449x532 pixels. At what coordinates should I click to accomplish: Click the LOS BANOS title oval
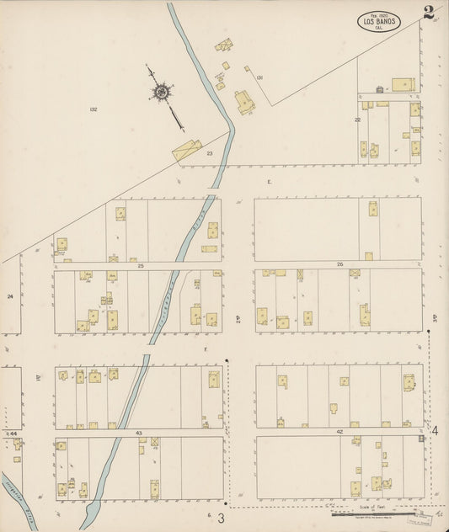coord(378,21)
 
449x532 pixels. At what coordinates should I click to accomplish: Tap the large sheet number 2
coord(430,13)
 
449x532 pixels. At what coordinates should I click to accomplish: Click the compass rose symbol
coord(158,91)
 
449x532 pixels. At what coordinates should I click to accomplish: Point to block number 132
coord(93,109)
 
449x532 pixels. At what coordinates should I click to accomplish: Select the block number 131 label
coord(260,78)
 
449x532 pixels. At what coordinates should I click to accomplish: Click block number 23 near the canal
coord(210,153)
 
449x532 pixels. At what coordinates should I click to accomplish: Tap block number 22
coord(357,120)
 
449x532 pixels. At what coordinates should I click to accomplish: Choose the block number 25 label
coord(142,266)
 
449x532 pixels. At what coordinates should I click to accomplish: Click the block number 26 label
coord(339,265)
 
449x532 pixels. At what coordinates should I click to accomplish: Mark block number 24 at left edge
coord(11,296)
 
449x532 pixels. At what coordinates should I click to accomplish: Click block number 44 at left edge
coord(13,433)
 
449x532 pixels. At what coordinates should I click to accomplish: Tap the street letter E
coord(270,182)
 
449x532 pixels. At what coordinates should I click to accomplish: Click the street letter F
coord(205,348)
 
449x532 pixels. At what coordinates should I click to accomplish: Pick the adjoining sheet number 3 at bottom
coord(222,516)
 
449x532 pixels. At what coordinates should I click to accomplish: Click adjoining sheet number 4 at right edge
coord(435,431)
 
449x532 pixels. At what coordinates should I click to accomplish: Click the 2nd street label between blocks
coord(238,317)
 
